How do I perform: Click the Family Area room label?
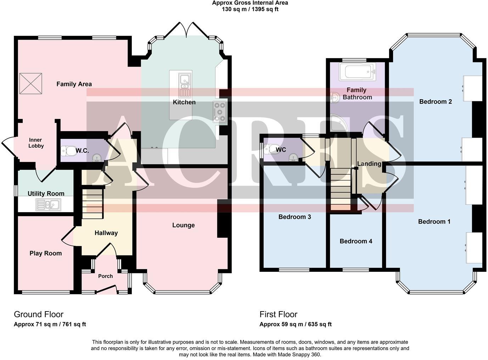74,84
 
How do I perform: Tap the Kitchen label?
184,102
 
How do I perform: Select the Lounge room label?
183,225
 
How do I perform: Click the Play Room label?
45,253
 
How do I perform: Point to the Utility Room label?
46,193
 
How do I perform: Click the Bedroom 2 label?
435,102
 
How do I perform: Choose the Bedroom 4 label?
356,241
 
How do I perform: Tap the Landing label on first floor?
369,164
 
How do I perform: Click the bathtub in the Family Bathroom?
357,72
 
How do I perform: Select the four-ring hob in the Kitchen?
220,112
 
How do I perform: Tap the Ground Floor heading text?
39,314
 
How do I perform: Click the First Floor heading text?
278,314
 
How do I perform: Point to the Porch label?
105,276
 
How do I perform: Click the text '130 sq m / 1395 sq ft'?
250,9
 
